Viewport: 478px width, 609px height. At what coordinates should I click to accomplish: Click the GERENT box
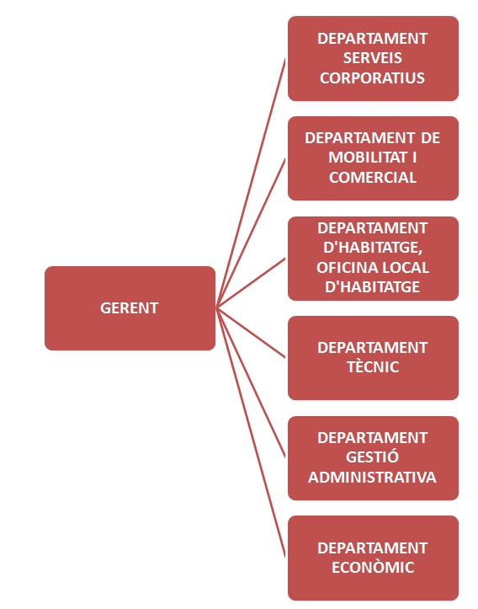pyautogui.click(x=130, y=308)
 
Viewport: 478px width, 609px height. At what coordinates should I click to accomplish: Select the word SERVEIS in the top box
pyautogui.click(x=373, y=58)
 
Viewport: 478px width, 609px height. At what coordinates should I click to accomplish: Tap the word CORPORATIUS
pyautogui.click(x=373, y=77)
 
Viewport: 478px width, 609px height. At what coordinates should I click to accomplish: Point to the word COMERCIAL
pyautogui.click(x=373, y=177)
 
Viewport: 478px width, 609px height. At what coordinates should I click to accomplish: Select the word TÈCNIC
pyautogui.click(x=373, y=366)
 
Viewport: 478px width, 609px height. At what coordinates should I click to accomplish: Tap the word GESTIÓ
pyautogui.click(x=373, y=457)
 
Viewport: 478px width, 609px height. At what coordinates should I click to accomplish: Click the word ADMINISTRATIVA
pyautogui.click(x=373, y=477)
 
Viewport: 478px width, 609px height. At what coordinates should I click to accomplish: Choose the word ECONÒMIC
pyautogui.click(x=373, y=567)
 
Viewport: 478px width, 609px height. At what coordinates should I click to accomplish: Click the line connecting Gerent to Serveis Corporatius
pyautogui.click(x=251, y=184)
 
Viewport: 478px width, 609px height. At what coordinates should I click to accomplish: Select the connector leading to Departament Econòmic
pyautogui.click(x=251, y=432)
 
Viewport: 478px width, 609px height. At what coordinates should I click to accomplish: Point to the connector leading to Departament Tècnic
pyautogui.click(x=251, y=333)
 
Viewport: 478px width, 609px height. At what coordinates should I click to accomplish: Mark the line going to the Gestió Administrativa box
pyautogui.click(x=251, y=382)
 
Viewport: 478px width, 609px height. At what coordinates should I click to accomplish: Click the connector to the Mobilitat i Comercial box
pyautogui.click(x=251, y=233)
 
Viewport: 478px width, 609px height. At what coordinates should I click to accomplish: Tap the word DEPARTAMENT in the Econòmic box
pyautogui.click(x=373, y=548)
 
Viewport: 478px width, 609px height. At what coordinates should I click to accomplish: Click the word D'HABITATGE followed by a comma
pyautogui.click(x=373, y=248)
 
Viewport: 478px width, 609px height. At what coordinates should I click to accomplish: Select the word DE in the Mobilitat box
pyautogui.click(x=430, y=138)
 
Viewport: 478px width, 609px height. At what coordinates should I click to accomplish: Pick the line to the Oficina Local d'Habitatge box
pyautogui.click(x=251, y=283)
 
